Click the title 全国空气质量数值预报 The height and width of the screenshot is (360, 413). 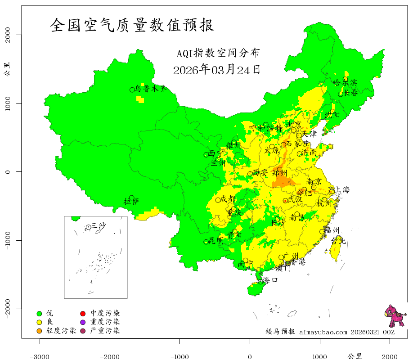pos(132,25)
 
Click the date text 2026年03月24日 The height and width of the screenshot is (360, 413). pos(216,70)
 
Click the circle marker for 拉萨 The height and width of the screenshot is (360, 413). pos(131,198)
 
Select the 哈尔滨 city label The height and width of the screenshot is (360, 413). pos(345,83)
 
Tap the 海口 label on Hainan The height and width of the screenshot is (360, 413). pos(270,280)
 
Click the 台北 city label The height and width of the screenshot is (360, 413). pos(338,241)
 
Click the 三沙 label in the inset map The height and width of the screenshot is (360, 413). pos(98,225)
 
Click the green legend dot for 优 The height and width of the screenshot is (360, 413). pos(39,313)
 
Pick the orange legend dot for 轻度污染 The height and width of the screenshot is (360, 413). pos(39,331)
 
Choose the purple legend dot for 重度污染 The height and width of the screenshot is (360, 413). pos(83,322)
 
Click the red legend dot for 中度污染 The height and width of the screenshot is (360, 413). pos(83,313)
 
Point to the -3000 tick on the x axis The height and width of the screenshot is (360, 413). pos(40,355)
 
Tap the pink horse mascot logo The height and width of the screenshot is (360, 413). pos(395,315)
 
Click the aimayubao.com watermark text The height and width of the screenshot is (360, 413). pos(323,332)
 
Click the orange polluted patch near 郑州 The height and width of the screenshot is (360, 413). pos(282,180)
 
